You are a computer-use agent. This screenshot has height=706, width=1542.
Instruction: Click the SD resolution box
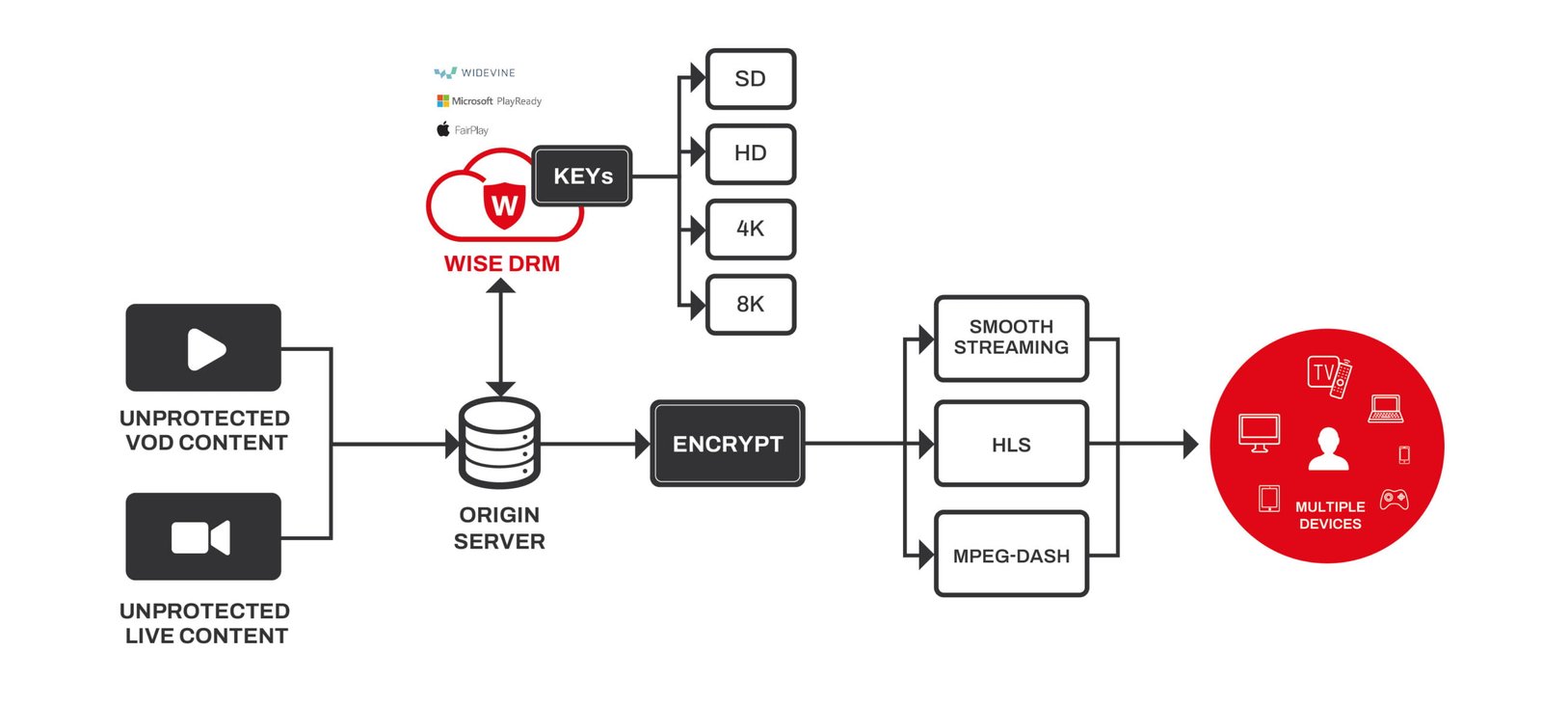750,79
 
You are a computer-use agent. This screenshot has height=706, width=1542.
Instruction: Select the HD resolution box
750,153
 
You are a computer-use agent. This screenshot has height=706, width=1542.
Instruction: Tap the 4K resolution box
750,229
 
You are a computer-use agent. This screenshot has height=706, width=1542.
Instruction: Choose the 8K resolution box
750,304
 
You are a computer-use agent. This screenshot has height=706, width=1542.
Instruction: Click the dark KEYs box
582,176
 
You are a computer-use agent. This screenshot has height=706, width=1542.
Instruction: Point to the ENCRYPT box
728,444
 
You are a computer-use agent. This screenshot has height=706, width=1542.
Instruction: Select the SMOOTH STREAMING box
1011,338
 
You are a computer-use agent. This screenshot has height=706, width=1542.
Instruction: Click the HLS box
1011,445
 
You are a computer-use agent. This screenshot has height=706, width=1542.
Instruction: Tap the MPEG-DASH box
1011,556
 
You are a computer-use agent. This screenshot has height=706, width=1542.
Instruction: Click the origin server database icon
499,443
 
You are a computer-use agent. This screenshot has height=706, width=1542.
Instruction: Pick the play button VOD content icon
203,348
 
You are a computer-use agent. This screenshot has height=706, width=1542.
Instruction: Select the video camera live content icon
202,537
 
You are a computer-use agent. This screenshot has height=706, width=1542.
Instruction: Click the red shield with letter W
504,204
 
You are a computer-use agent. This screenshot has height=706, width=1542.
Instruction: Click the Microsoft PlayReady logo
490,101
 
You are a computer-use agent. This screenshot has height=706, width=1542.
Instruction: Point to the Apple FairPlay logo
463,130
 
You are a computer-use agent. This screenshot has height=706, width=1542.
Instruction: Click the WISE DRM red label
501,263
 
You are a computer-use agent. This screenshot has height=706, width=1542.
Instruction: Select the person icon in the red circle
1328,448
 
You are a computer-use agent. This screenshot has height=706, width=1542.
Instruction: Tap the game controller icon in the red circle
1394,500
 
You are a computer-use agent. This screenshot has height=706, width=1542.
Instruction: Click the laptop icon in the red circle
1386,409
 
